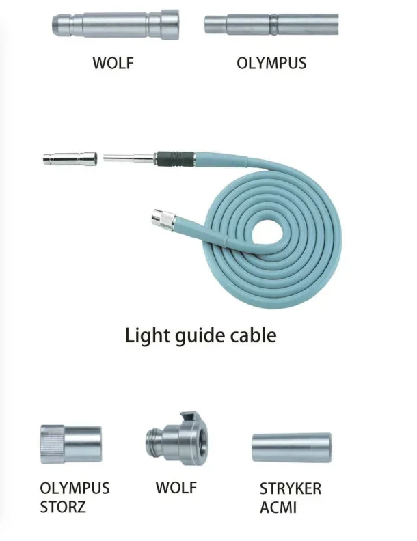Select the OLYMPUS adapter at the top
click(271, 23)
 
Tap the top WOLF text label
click(113, 64)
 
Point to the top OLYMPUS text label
click(271, 64)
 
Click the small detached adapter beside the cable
click(68, 159)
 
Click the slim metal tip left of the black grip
click(130, 158)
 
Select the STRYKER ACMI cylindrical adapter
click(291, 446)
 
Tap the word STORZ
click(63, 508)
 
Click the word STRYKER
click(290, 489)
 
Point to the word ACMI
click(279, 508)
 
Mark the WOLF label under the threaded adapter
click(176, 487)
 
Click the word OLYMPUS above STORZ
click(75, 489)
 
